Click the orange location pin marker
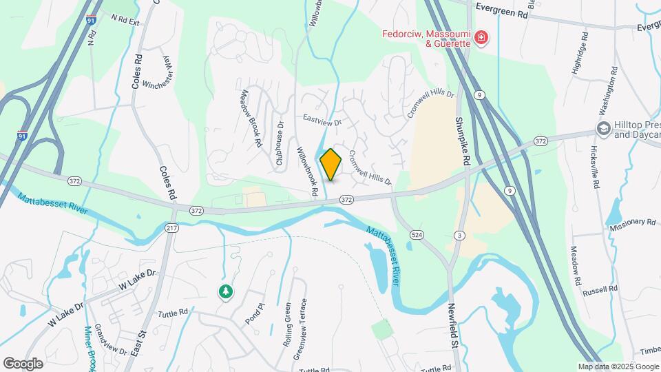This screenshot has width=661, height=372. [331, 164]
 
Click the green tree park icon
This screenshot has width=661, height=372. [225, 292]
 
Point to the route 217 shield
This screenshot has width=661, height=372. [171, 228]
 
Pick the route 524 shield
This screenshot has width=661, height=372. [419, 235]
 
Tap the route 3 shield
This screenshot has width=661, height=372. [459, 236]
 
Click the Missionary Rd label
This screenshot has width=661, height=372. [631, 222]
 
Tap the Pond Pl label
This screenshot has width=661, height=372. [254, 316]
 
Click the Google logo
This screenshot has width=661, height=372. [23, 364]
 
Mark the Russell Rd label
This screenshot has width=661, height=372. [599, 291]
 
